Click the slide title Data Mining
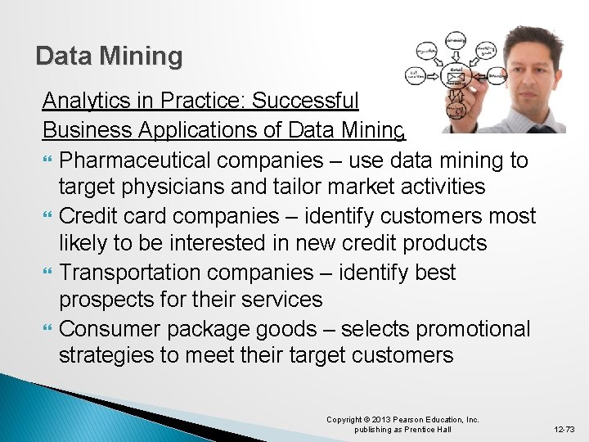(x=109, y=56)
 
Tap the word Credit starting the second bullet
(x=89, y=216)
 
